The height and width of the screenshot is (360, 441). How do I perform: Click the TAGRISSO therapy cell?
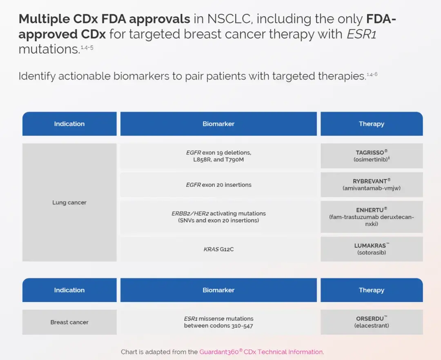coord(372,156)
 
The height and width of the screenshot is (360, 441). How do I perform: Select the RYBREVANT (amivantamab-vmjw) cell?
coord(372,185)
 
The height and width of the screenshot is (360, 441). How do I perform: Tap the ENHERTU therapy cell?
coord(372,217)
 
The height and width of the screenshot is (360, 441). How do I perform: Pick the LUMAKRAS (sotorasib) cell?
coord(372,249)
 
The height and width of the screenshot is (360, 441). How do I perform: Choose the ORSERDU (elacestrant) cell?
coord(372,322)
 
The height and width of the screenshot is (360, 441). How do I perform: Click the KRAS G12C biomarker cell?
coord(218,249)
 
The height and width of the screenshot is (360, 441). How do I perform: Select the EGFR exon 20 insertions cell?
coord(218,185)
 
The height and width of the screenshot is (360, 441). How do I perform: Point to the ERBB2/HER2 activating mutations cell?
coord(218,217)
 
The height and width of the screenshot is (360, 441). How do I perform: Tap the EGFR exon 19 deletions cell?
coord(218,156)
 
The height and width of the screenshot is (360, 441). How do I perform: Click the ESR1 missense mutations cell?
coord(218,322)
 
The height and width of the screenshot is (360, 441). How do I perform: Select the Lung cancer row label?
coord(69,202)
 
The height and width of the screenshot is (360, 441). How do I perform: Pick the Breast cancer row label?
coord(69,322)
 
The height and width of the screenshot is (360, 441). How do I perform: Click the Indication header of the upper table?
coord(69,124)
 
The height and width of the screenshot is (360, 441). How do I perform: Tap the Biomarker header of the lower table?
coord(218,290)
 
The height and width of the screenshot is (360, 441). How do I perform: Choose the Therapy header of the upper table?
coord(372,124)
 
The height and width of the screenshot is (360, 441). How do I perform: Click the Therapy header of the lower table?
coord(372,290)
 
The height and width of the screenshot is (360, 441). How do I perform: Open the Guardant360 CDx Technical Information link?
coord(261,352)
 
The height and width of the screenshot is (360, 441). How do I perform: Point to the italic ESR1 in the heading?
coord(361,34)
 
